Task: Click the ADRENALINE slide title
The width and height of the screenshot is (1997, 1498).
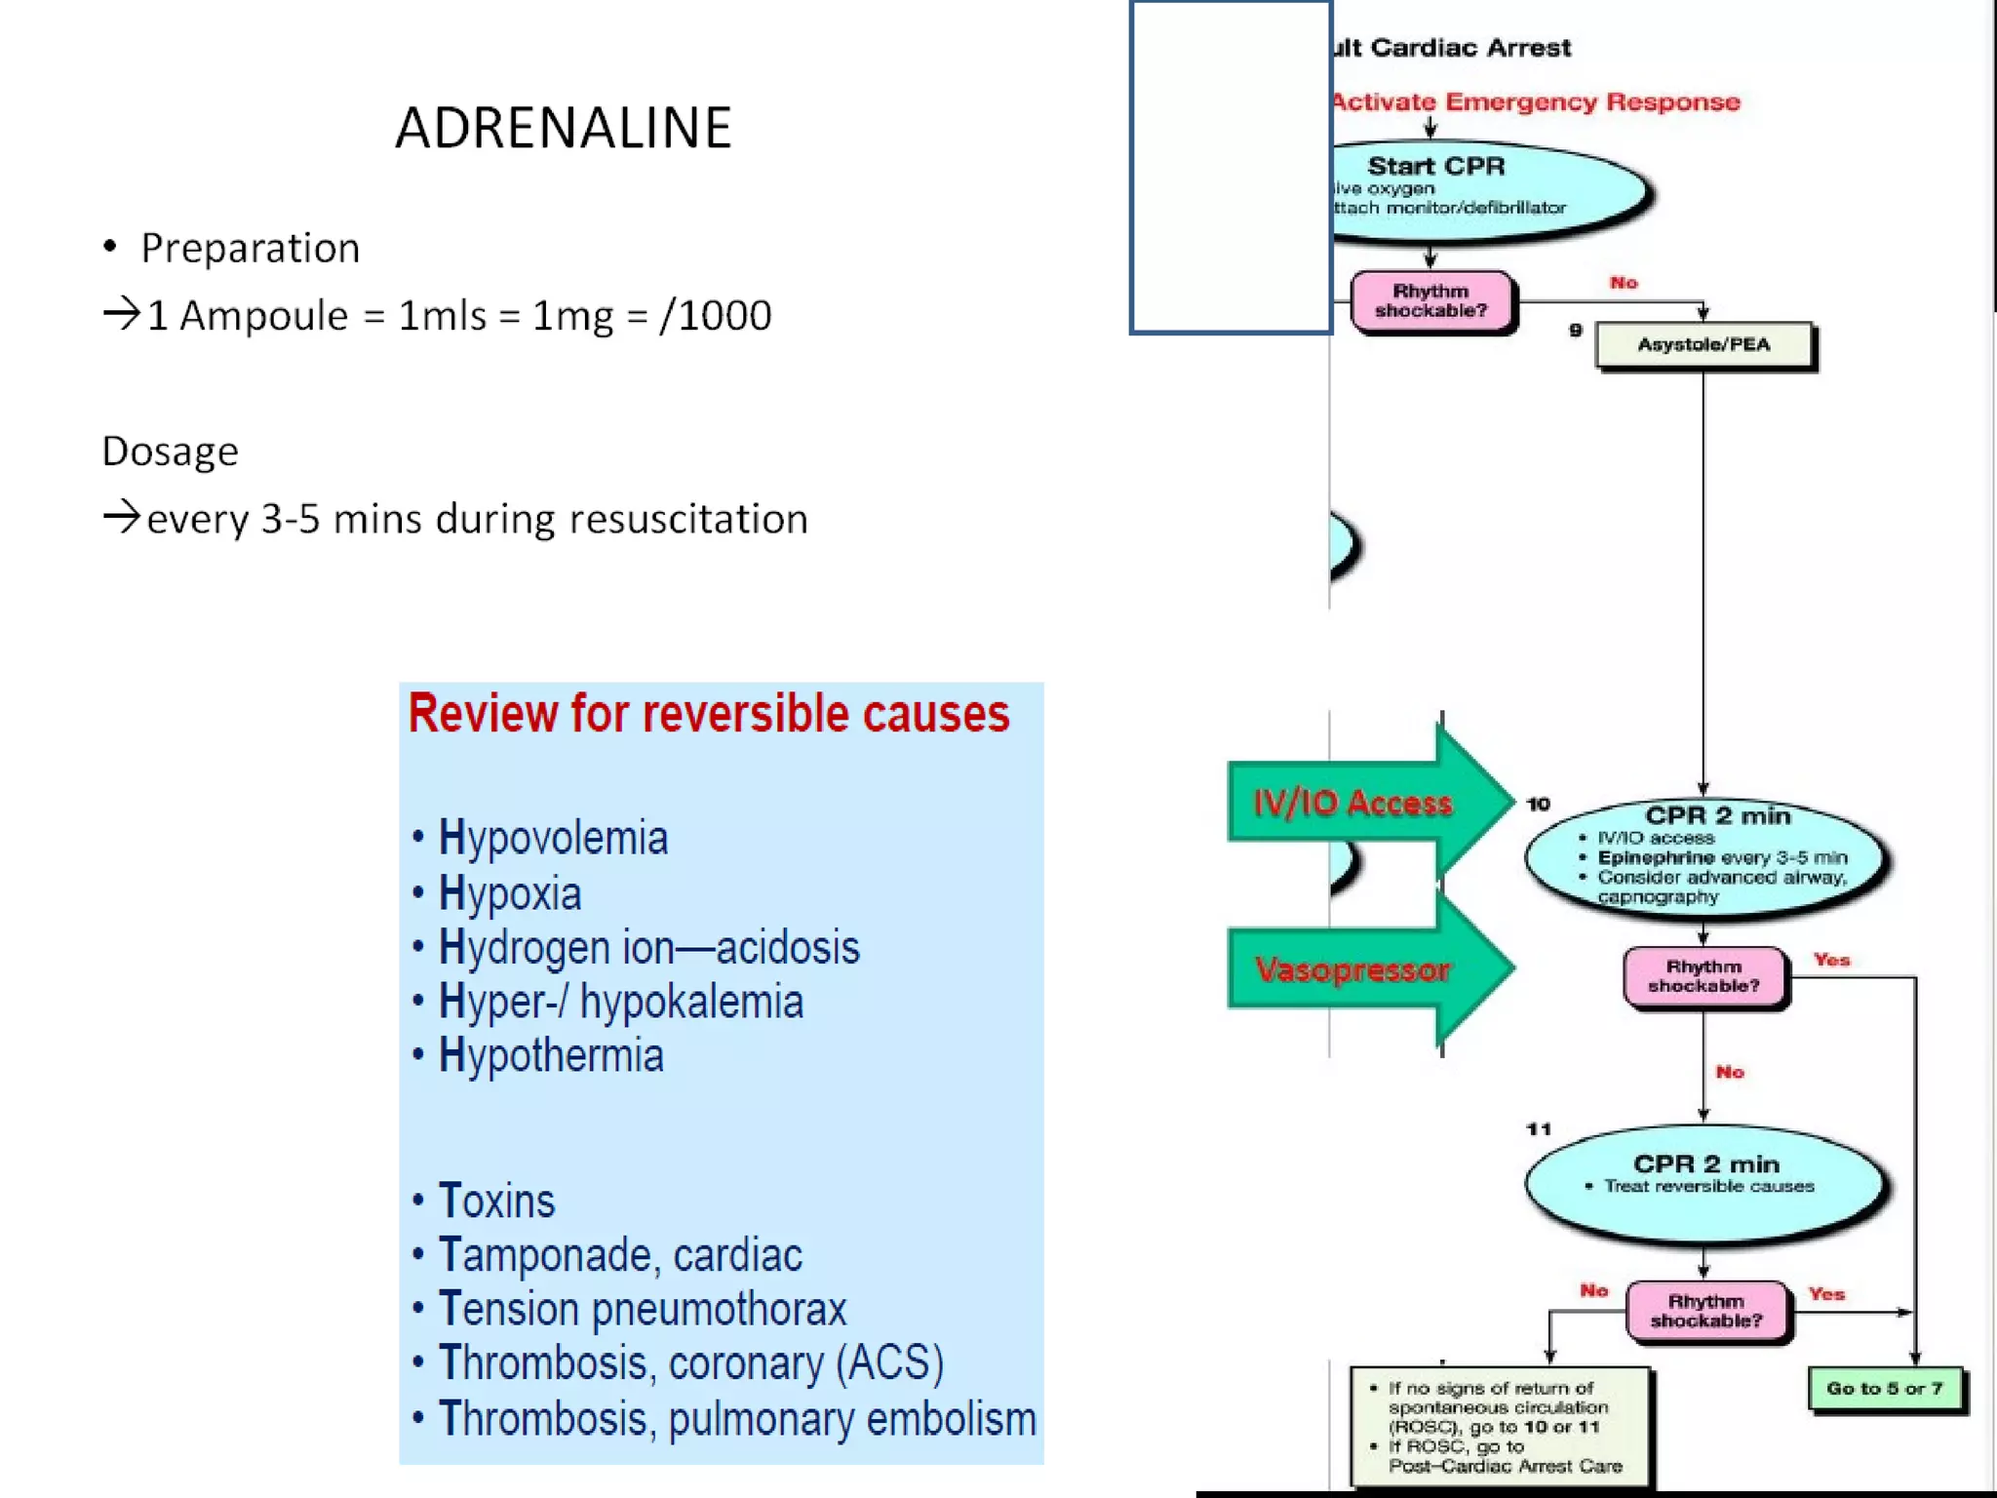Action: click(563, 129)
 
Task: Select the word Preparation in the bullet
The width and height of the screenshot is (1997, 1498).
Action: click(250, 249)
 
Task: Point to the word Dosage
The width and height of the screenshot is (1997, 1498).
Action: click(170, 452)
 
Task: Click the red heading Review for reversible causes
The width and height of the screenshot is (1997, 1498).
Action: click(708, 713)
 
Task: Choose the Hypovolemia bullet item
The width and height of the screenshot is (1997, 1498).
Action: click(553, 838)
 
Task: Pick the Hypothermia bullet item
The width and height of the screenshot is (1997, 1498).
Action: click(551, 1055)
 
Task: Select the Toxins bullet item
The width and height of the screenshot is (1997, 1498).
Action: click(496, 1201)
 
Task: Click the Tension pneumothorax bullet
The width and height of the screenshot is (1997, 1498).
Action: click(642, 1309)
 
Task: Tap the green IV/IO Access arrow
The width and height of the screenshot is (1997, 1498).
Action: click(1365, 803)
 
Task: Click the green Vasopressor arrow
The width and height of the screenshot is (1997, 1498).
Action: click(1365, 969)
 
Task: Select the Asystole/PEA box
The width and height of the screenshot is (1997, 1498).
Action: click(1703, 345)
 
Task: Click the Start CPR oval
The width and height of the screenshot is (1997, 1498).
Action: click(1482, 188)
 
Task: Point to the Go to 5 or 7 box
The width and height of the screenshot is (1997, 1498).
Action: click(1884, 1389)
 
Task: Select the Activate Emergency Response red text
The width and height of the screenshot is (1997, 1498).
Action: click(1536, 102)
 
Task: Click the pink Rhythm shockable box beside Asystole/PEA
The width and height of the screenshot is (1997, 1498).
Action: click(1430, 301)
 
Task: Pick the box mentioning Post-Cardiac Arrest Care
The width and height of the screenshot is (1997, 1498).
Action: click(1500, 1427)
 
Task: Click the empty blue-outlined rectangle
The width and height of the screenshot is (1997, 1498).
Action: click(1231, 168)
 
